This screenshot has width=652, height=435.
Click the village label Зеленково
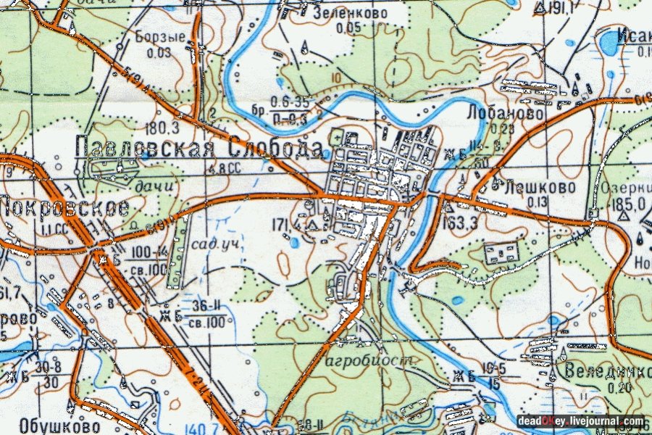click(350, 13)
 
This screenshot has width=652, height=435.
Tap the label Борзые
click(160, 38)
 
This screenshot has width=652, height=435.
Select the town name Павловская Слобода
click(198, 149)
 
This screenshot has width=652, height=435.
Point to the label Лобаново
click(496, 114)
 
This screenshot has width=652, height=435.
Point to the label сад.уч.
click(214, 244)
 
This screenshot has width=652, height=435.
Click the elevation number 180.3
click(162, 128)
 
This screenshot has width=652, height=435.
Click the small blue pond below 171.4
click(293, 243)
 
